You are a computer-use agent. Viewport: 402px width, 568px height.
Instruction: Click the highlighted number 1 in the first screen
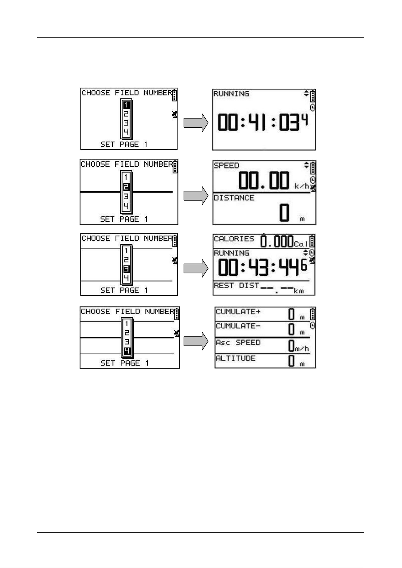[x=126, y=105]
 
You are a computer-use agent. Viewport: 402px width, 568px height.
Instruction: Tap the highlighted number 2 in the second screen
[x=126, y=187]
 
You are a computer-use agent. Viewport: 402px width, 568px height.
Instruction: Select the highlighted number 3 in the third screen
[x=126, y=269]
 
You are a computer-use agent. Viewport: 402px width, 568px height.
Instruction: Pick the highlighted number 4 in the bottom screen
[x=127, y=351]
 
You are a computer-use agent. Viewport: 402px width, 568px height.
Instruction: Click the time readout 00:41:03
[x=259, y=122]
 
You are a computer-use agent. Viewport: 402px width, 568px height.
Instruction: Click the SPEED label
[x=226, y=166]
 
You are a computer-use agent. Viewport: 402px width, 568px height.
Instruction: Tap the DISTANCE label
[x=234, y=198]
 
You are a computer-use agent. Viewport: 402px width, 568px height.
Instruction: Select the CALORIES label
[x=234, y=239]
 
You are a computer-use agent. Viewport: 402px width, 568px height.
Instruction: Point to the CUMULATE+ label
[x=238, y=312]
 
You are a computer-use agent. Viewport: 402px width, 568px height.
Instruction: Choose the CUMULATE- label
[x=238, y=326]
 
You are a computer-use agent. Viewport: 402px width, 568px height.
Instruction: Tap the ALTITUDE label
[x=236, y=358]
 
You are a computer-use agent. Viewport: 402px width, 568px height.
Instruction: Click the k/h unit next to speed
[x=302, y=186]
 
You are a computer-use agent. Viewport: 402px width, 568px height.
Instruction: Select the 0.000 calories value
[x=277, y=241]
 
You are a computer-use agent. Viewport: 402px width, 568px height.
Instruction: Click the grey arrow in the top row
[x=196, y=123]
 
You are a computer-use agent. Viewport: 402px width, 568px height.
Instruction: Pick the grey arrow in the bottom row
[x=196, y=341]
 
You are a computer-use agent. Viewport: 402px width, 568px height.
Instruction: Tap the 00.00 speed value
[x=264, y=181]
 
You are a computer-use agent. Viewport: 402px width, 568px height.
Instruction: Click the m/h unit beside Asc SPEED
[x=302, y=349]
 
